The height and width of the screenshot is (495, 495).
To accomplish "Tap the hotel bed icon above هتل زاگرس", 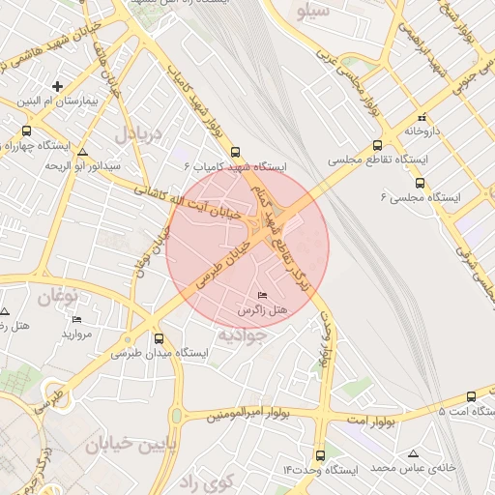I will click(x=263, y=294).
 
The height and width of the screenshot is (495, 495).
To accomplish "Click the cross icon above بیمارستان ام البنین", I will click(x=57, y=86).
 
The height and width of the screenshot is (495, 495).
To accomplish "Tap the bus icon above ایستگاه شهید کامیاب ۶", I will click(x=236, y=152).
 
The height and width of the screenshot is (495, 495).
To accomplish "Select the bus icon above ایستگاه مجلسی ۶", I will click(x=420, y=182).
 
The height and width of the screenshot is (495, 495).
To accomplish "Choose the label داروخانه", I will click(x=422, y=130).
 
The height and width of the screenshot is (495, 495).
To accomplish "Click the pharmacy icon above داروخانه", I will click(x=422, y=114).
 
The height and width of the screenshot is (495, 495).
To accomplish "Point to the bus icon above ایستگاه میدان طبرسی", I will click(x=159, y=338).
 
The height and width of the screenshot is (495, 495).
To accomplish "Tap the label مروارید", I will click(x=76, y=334).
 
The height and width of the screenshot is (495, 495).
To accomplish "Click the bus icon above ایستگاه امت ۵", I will click(x=471, y=396).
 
